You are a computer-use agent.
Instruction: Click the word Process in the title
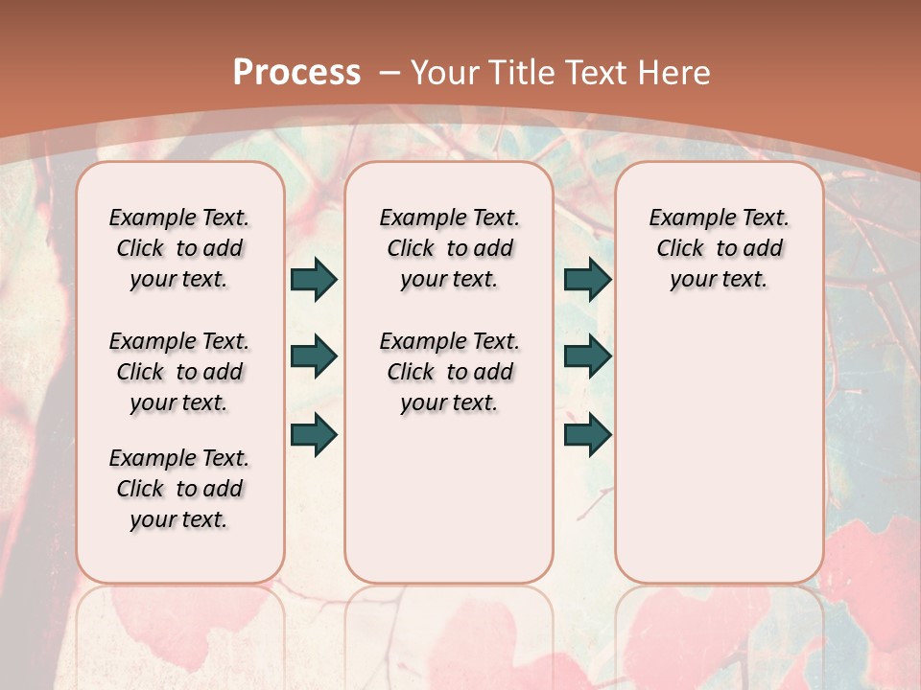(296, 72)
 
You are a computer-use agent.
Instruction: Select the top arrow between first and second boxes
(314, 280)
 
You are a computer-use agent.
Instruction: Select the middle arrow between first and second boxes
(314, 357)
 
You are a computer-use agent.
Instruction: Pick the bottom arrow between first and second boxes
(314, 434)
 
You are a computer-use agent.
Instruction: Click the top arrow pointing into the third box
(587, 280)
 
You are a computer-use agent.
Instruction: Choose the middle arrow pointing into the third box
(587, 357)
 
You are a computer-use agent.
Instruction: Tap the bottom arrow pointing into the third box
(587, 434)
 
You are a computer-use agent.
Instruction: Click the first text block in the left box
(179, 248)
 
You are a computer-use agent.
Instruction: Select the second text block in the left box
(179, 372)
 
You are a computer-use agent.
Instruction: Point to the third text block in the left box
(179, 489)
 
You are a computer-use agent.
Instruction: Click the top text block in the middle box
(449, 248)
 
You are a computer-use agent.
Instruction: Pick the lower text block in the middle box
(449, 372)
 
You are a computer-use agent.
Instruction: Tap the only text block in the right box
(719, 248)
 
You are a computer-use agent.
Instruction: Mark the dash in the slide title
(390, 72)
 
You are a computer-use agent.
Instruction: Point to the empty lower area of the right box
(719, 450)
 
